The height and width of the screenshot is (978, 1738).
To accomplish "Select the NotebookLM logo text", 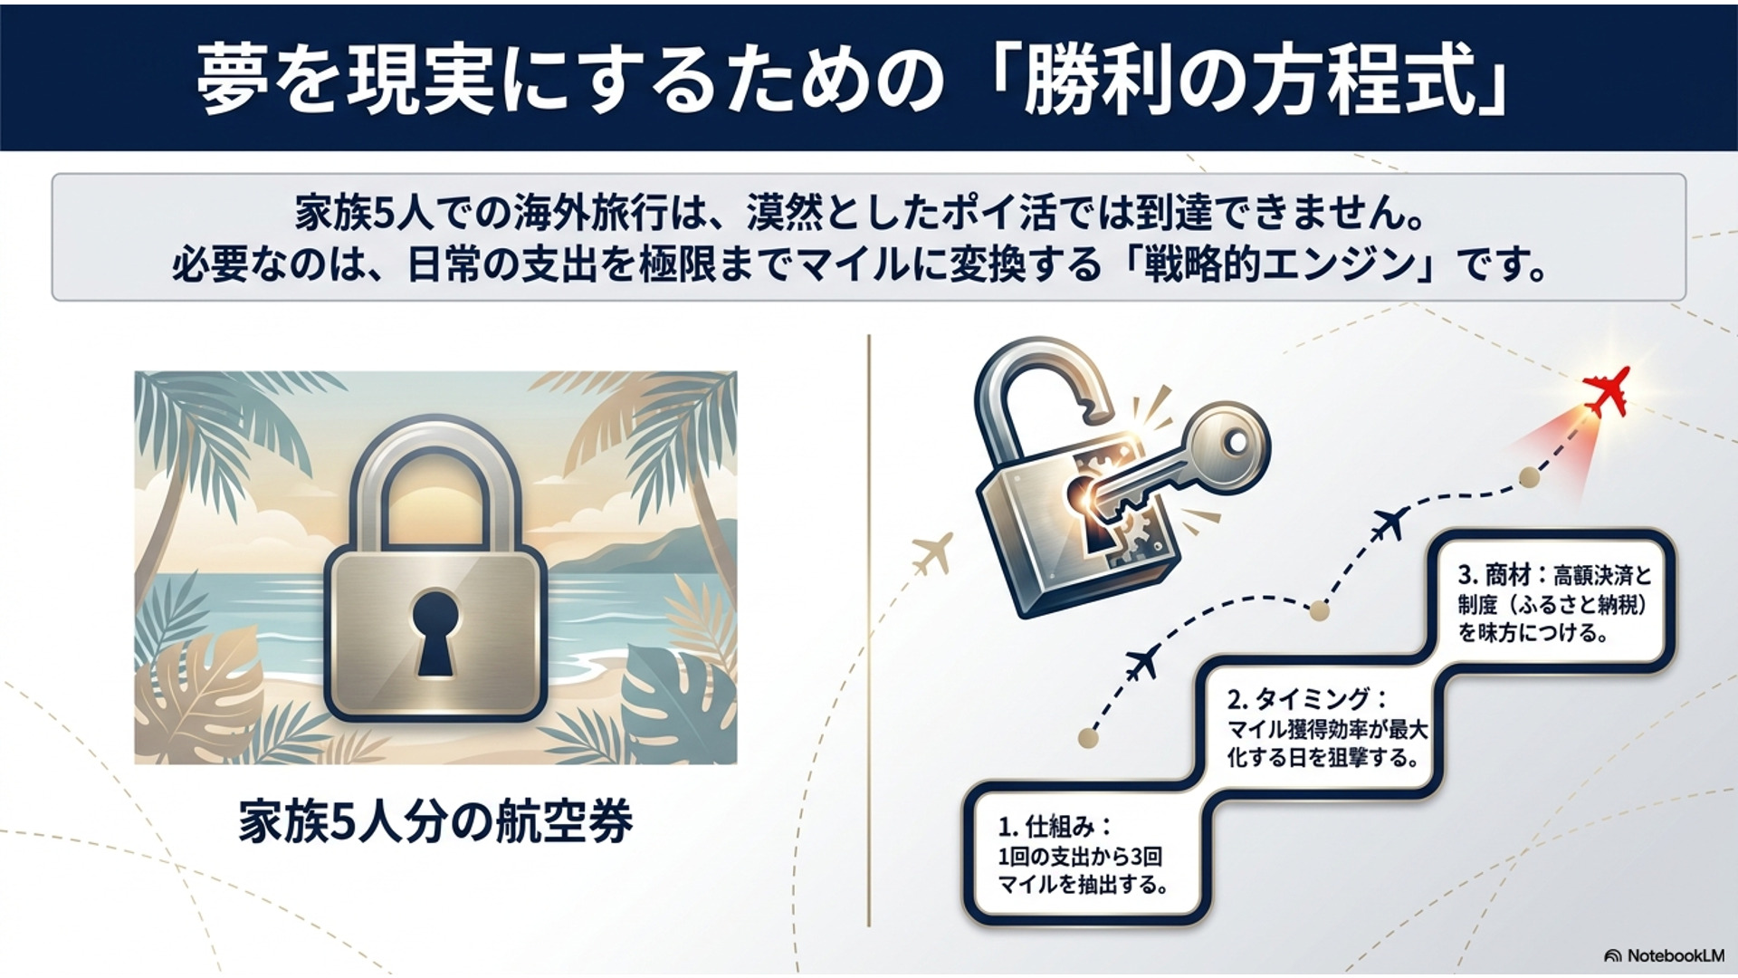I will pos(1675,955).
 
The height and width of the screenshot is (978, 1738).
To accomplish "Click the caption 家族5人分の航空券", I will pos(435,822).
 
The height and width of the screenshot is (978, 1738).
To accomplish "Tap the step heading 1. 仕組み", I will pos(1055,827).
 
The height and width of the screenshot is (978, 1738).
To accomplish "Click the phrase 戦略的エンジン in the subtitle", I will pos(1280,264).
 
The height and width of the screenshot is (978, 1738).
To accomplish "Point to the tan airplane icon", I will pos(932,551).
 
